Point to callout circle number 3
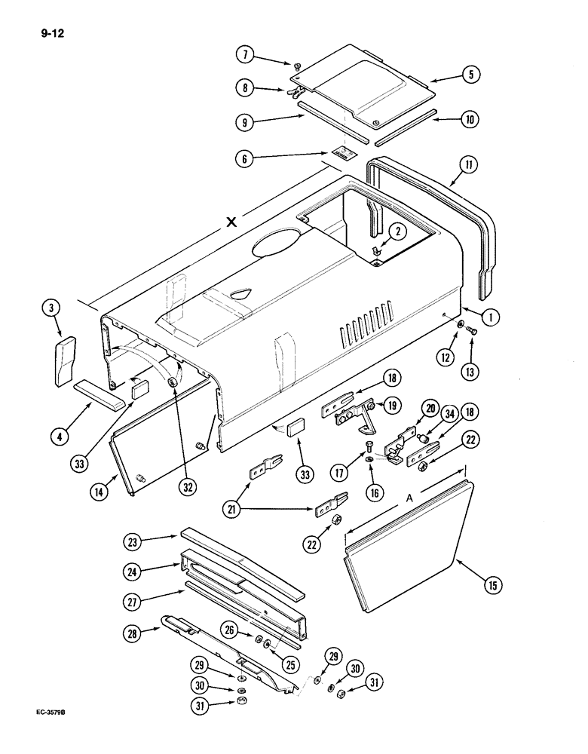pos(51,308)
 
